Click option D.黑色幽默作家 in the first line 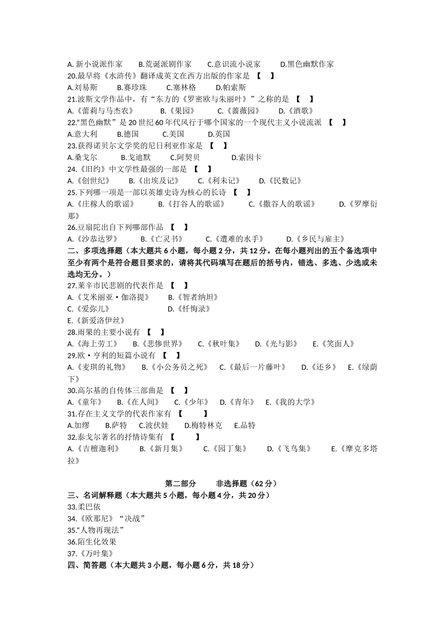pyautogui.click(x=307, y=64)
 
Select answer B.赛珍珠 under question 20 pyautogui.click(x=132, y=88)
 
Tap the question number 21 pyautogui.click(x=72, y=99)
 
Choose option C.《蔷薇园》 pyautogui.click(x=238, y=111)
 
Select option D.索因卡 pyautogui.click(x=246, y=158)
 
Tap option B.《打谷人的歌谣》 pyautogui.click(x=192, y=204)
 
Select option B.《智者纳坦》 pyautogui.click(x=193, y=297)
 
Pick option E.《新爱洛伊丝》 pyautogui.click(x=96, y=321)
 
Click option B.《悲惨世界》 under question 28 pyautogui.click(x=158, y=344)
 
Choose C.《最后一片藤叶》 pyautogui.click(x=252, y=367)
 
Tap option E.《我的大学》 pyautogui.click(x=290, y=402)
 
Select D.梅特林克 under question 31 pyautogui.click(x=203, y=425)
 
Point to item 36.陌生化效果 pyautogui.click(x=92, y=542)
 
